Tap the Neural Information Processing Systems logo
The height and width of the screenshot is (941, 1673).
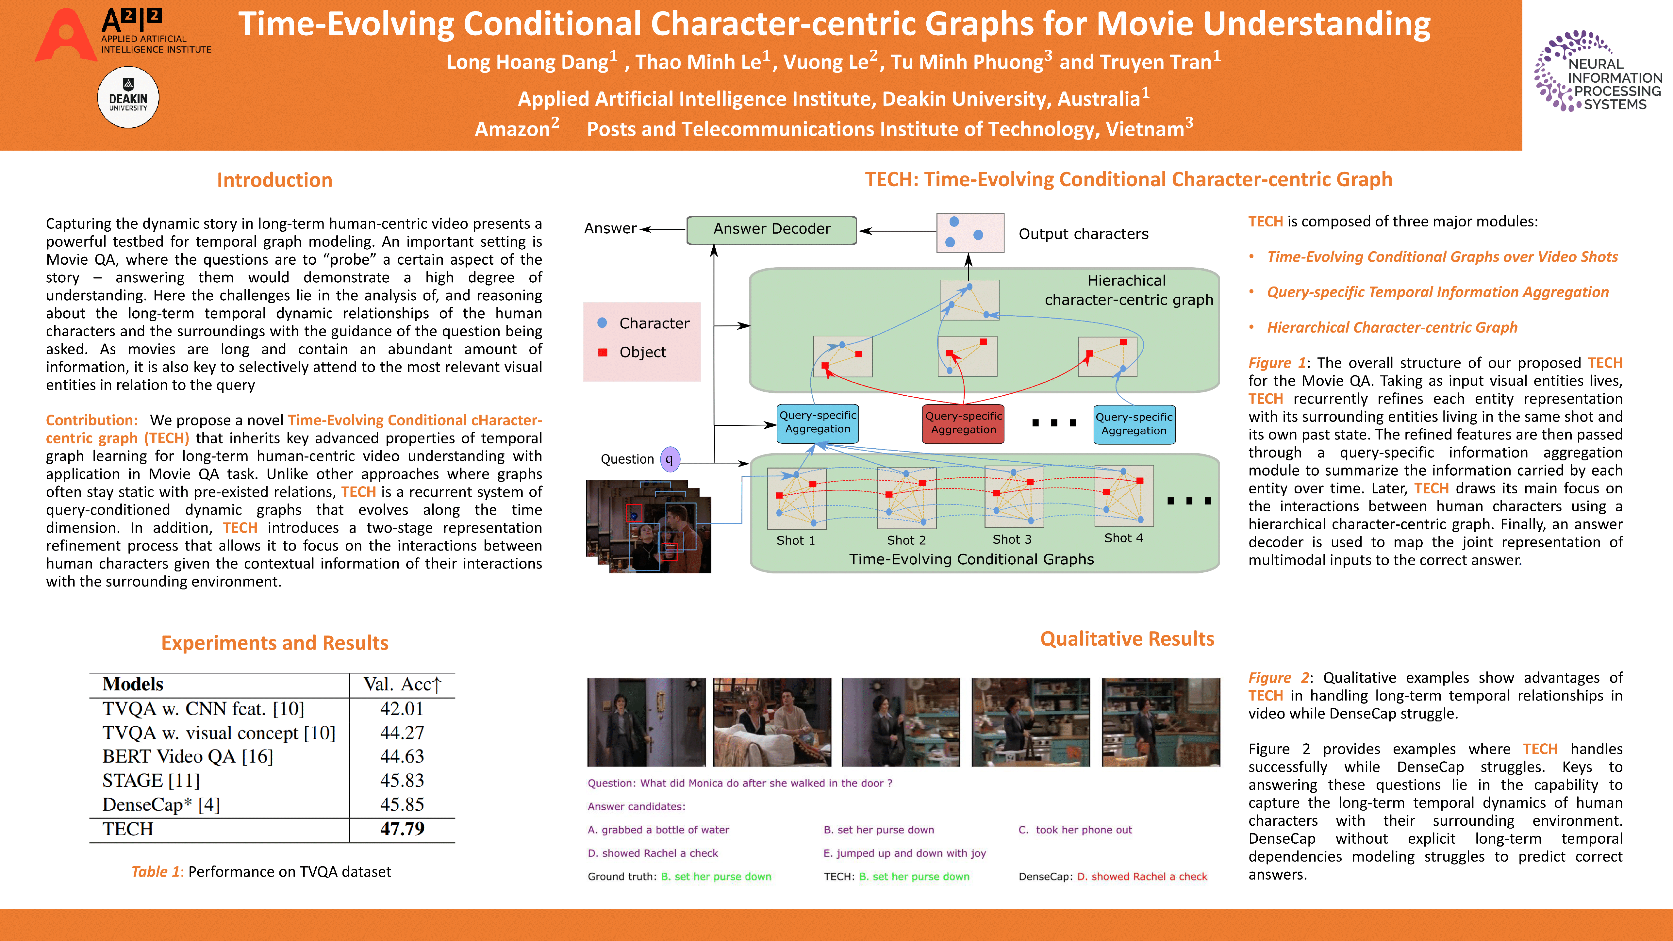[x=1598, y=72]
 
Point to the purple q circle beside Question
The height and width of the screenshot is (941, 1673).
[x=670, y=459]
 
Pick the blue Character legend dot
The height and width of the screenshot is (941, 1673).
[x=602, y=323]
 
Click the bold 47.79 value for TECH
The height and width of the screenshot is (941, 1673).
[x=402, y=829]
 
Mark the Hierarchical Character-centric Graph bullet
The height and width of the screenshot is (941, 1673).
[x=1392, y=327]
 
